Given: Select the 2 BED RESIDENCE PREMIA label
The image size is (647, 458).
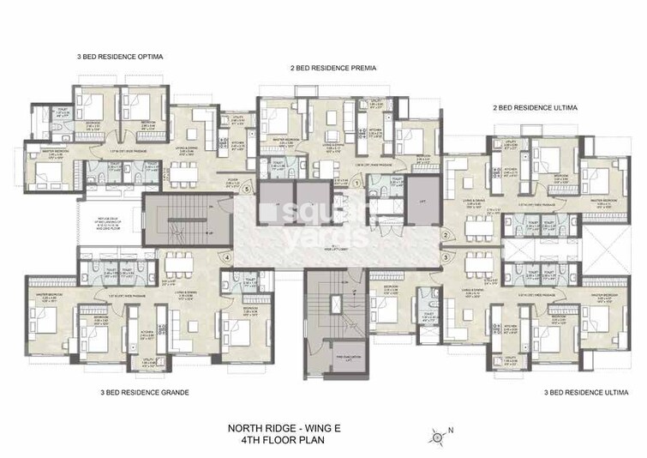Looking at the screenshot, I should (x=333, y=67).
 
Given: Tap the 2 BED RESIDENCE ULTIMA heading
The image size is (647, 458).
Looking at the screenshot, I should (x=536, y=109).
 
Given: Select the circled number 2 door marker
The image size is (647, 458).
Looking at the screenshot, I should (x=446, y=235).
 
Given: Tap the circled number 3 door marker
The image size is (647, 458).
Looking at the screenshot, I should (x=446, y=256).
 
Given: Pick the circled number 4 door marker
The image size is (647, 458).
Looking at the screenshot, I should (x=227, y=256).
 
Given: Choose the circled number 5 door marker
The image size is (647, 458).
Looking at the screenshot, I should (x=246, y=190).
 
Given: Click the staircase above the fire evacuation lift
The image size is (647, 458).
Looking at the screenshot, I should (x=327, y=309).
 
